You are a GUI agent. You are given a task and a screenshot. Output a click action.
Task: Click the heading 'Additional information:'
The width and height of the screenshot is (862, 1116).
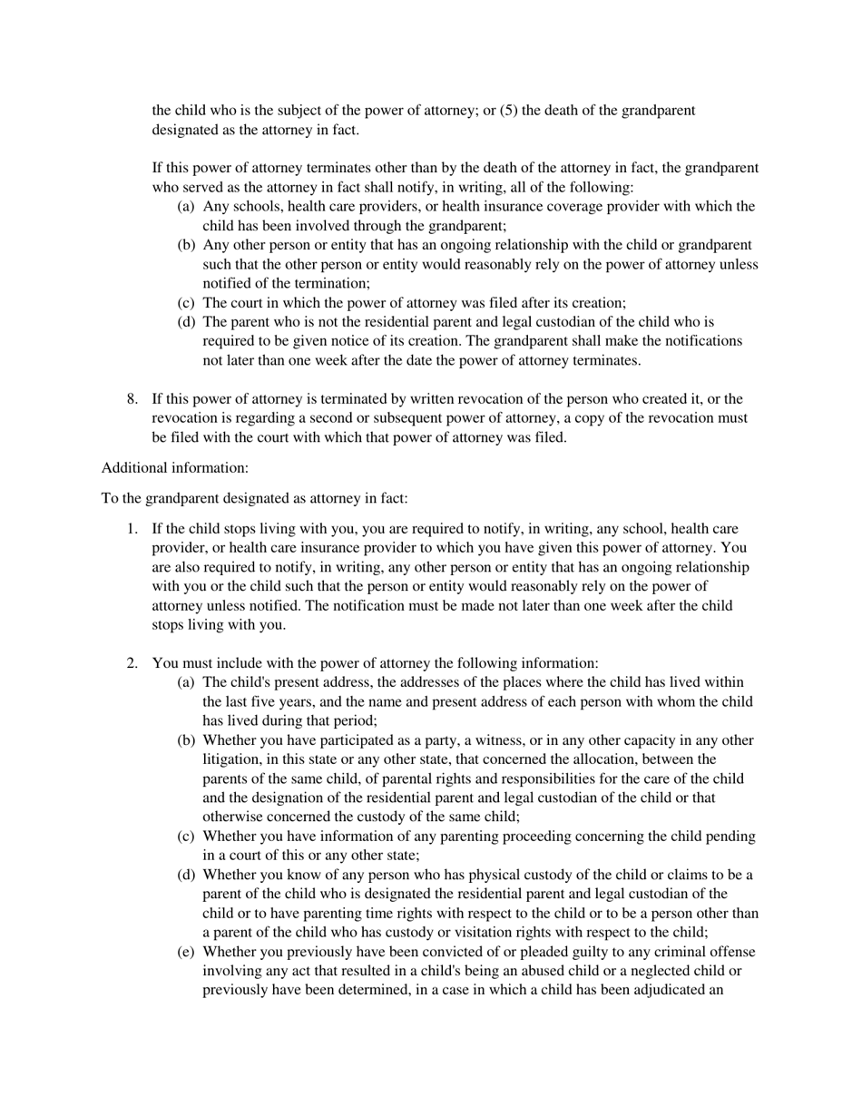174,468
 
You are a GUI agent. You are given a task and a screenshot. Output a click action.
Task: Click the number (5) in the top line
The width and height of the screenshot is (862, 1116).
509,111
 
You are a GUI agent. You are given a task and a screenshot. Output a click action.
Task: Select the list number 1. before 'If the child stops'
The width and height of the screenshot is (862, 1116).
132,529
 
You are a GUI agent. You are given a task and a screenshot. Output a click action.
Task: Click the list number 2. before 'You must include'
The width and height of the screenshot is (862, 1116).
132,663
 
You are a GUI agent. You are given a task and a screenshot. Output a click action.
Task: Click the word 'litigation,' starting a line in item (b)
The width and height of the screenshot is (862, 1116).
235,760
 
